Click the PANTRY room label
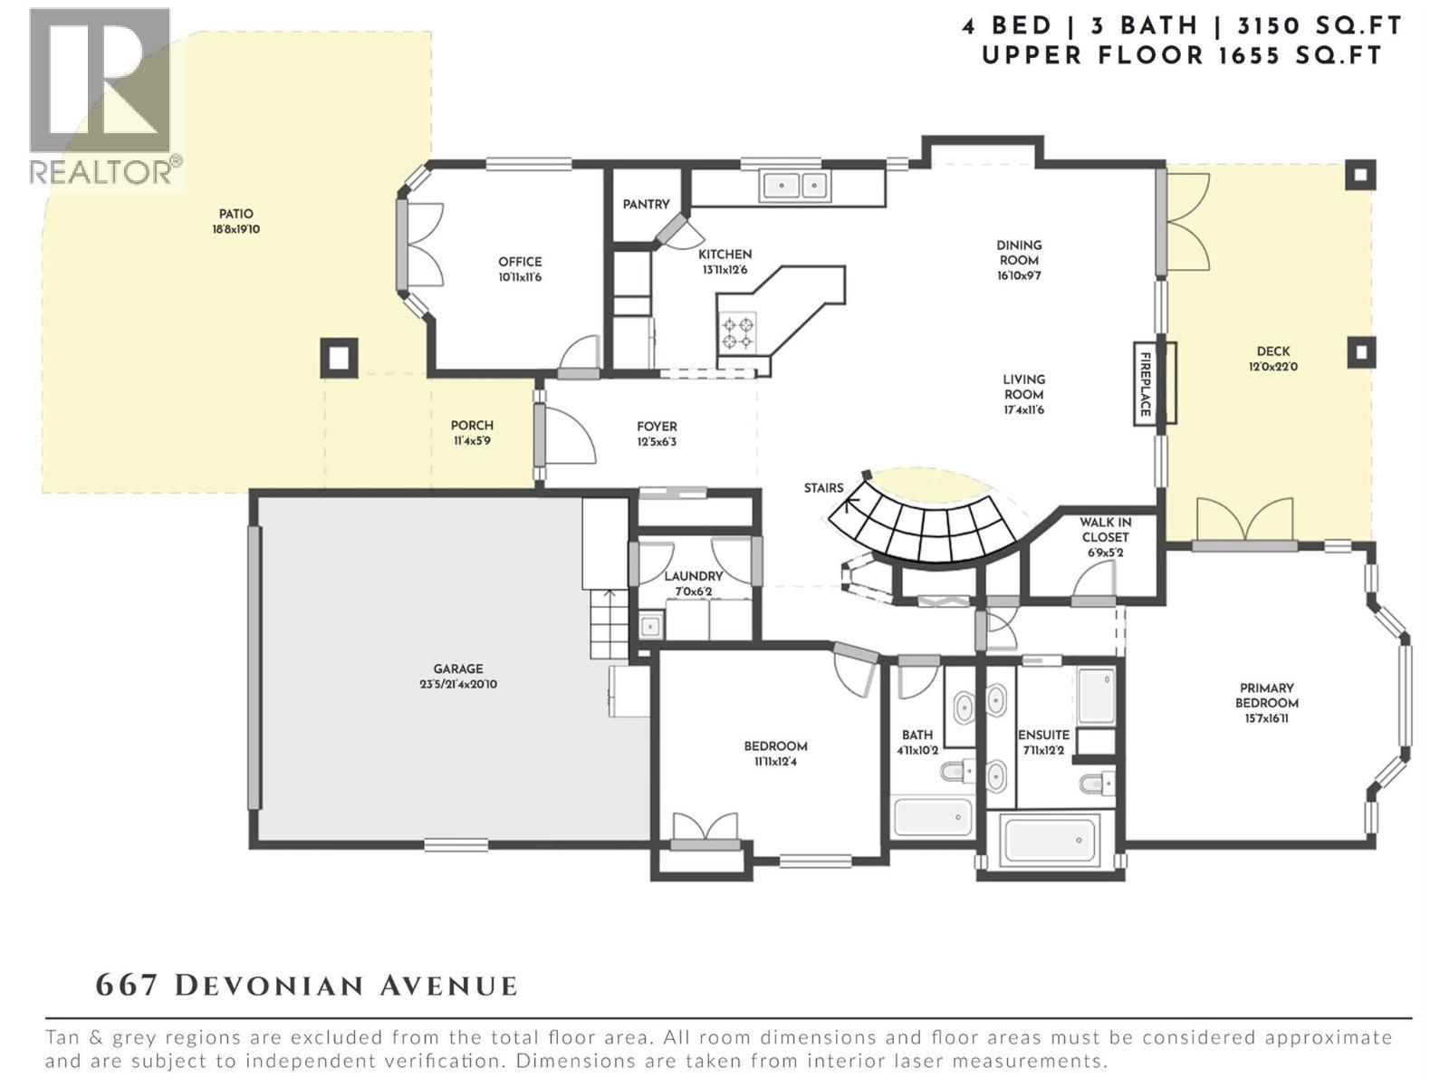pos(646,205)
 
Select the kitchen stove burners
pos(737,332)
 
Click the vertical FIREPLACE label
pos(1145,384)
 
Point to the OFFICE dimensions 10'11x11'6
pos(520,277)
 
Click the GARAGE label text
pos(457,669)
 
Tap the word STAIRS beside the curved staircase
pos(823,488)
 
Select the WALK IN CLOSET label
pos(1105,530)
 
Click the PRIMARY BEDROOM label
pos(1267,696)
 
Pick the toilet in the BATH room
pos(955,773)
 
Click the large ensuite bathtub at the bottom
pos(1048,840)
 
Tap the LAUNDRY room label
pos(694,576)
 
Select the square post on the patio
pos(339,358)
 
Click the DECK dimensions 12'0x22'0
pos(1272,367)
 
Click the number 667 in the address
pos(128,986)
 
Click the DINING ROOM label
pos(1019,253)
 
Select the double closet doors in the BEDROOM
pos(705,829)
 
